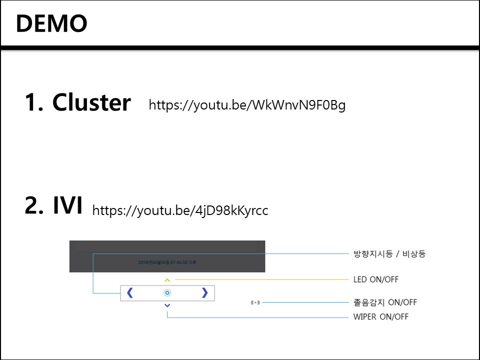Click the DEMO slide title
51,23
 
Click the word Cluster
91,102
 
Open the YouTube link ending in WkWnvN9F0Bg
247,105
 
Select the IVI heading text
67,206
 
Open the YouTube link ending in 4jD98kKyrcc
180,210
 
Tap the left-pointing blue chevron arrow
130,293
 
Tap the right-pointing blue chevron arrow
204,293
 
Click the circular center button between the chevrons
167,293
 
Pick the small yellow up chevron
167,280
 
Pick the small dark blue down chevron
167,305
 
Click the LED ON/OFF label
376,279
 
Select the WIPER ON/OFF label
380,316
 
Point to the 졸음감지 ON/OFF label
385,302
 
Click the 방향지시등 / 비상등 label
389,254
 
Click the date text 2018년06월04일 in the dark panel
154,262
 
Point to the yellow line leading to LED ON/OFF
260,279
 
